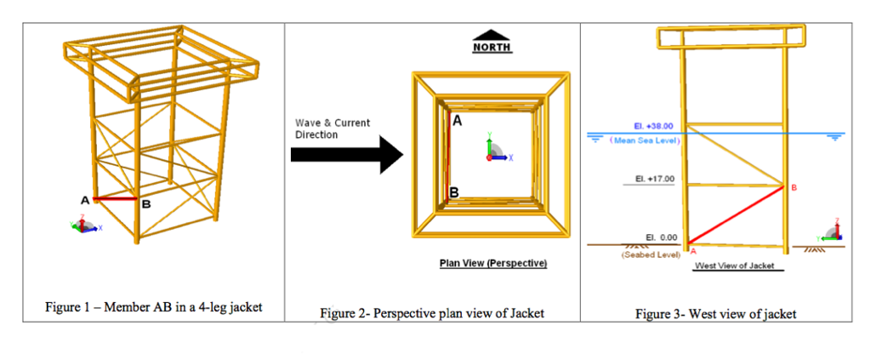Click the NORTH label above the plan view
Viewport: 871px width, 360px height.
click(492, 48)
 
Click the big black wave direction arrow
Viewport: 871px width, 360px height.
click(345, 154)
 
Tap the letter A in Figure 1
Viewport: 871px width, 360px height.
click(85, 200)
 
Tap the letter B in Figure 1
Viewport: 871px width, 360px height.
click(146, 204)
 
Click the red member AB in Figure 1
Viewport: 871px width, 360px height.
click(116, 199)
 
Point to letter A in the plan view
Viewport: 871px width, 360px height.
click(457, 121)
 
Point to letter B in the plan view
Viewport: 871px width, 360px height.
click(454, 192)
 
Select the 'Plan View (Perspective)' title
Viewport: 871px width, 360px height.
click(492, 263)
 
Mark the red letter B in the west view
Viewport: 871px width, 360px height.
click(794, 187)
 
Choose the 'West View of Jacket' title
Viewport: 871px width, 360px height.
click(734, 266)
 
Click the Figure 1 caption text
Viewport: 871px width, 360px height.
click(153, 307)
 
